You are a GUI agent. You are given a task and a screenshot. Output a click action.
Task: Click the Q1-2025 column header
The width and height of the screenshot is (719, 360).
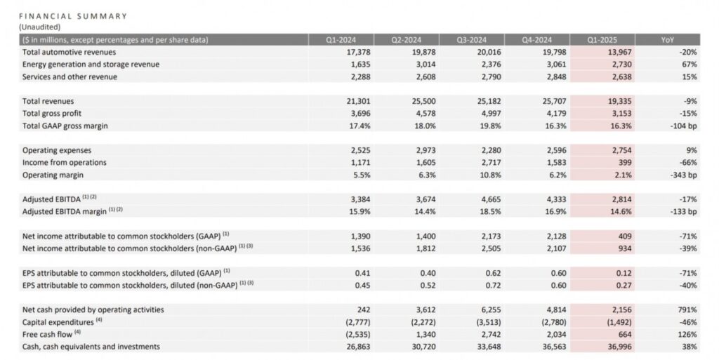click(x=604, y=40)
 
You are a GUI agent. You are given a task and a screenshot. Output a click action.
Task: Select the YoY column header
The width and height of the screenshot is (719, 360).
click(x=668, y=40)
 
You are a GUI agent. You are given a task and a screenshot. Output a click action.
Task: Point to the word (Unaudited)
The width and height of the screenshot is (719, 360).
click(x=40, y=26)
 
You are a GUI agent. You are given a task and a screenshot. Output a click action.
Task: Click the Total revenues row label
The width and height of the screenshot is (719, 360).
click(x=48, y=101)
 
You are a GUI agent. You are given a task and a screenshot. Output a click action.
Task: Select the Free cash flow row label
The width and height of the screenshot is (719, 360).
click(x=49, y=334)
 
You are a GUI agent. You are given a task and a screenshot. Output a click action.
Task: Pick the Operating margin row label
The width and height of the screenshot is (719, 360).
click(x=53, y=175)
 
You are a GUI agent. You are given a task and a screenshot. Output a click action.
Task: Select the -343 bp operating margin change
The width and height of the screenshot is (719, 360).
click(x=682, y=175)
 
